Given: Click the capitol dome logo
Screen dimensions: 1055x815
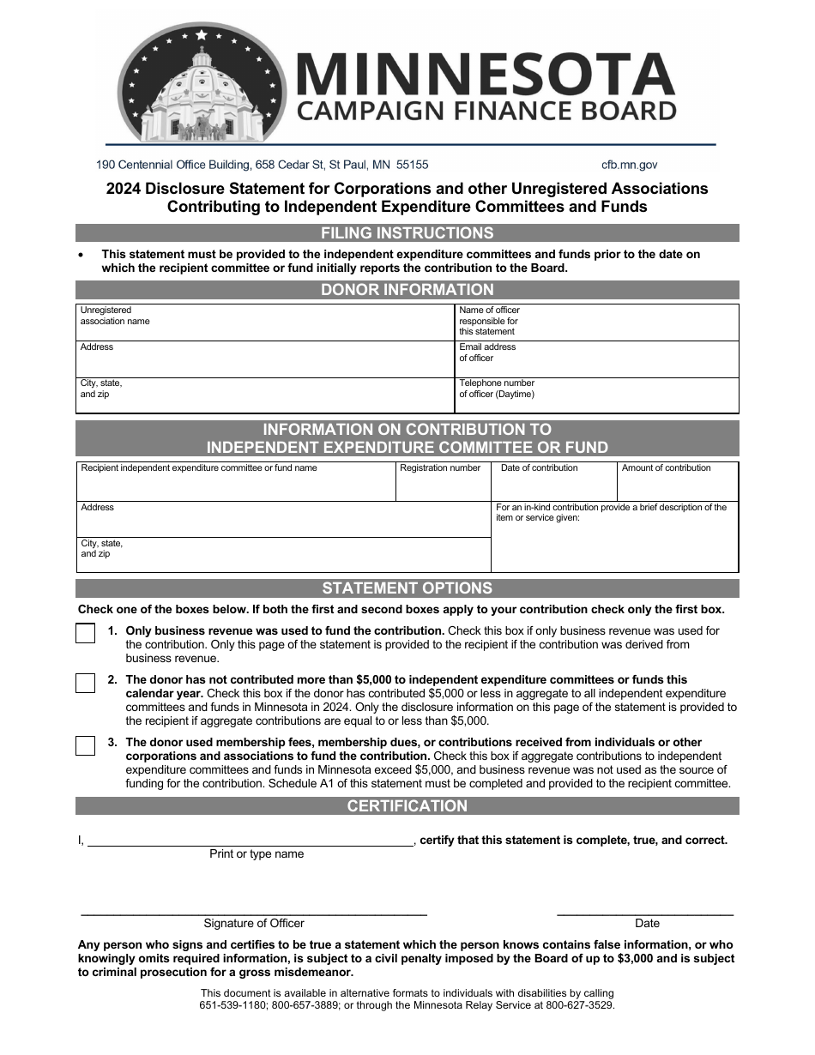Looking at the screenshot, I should (x=202, y=84).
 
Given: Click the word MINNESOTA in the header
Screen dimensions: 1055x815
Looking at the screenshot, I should (x=486, y=74).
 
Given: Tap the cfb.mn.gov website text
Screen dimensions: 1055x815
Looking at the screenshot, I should (x=630, y=165).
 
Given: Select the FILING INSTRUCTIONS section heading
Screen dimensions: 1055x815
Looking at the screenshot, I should (x=407, y=233).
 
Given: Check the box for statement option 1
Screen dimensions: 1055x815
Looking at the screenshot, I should (x=86, y=634).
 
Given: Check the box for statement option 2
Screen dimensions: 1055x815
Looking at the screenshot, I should (x=86, y=683).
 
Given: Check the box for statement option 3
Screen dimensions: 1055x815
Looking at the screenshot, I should (x=86, y=745).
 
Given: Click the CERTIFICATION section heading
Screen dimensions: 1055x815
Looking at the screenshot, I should (x=407, y=806).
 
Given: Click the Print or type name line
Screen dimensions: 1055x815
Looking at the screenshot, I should (x=251, y=840).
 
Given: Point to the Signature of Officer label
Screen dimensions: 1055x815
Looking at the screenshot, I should (x=254, y=924).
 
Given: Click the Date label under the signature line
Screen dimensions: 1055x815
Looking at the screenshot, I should (x=647, y=924).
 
